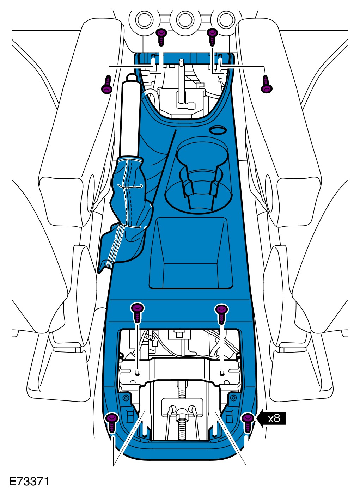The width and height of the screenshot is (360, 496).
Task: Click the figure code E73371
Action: (x=29, y=481)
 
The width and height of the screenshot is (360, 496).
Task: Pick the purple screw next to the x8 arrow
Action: (x=248, y=422)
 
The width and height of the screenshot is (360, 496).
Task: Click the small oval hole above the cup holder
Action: (x=218, y=130)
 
